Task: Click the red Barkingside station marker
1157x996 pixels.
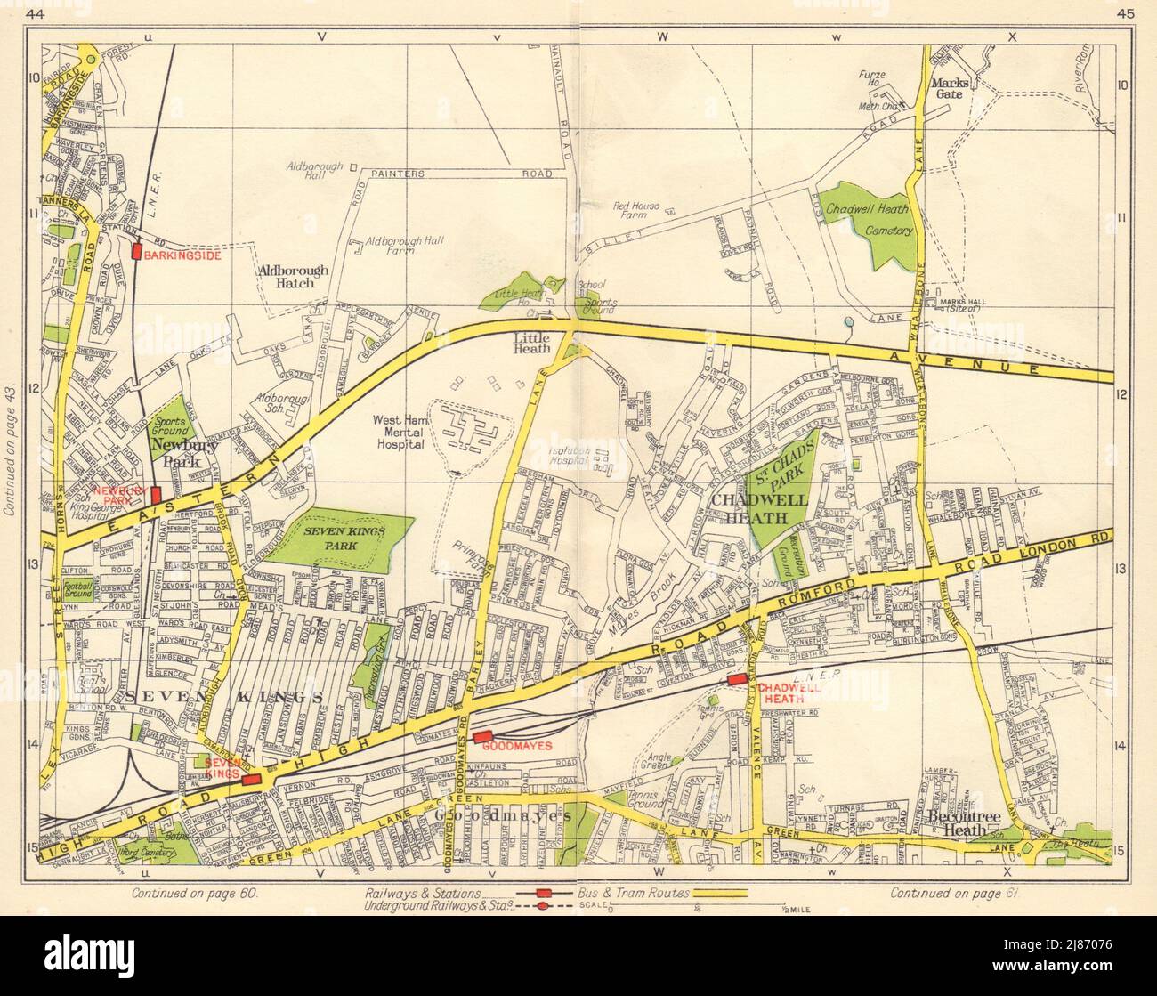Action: tap(137, 252)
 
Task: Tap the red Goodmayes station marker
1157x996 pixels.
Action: tap(483, 736)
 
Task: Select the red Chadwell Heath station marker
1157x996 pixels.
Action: tap(736, 679)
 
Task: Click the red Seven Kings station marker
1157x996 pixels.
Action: tap(251, 779)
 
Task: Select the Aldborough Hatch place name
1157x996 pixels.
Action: tap(293, 276)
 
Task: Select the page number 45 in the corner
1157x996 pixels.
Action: tap(1119, 12)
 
